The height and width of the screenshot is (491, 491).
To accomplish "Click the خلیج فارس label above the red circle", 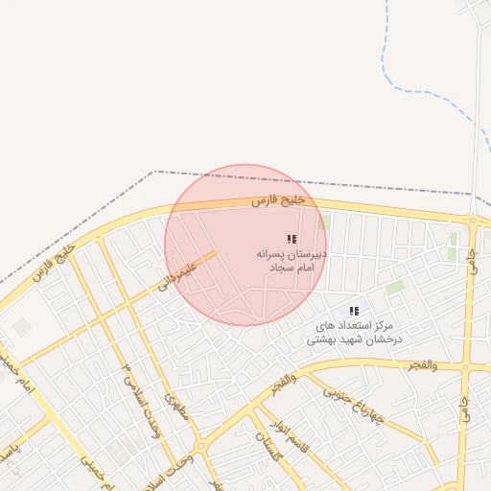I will [278, 200].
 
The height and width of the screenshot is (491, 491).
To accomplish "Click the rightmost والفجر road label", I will [420, 365].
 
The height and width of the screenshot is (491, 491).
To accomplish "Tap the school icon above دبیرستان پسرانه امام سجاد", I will [291, 239].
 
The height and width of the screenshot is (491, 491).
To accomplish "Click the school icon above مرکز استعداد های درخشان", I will [354, 311].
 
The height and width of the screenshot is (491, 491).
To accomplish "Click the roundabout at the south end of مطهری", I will [200, 447].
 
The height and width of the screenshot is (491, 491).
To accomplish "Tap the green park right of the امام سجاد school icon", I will [325, 222].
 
